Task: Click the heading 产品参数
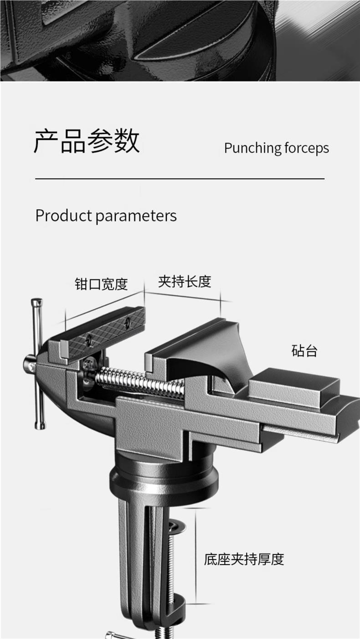pyautogui.click(x=87, y=141)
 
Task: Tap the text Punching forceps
pyautogui.click(x=276, y=148)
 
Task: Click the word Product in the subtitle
pyautogui.click(x=63, y=215)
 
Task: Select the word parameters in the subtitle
pyautogui.click(x=136, y=216)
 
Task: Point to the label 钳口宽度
pyautogui.click(x=101, y=284)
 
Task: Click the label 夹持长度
pyautogui.click(x=185, y=281)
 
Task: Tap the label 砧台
pyautogui.click(x=304, y=350)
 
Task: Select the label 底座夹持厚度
pyautogui.click(x=244, y=559)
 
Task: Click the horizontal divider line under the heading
pyautogui.click(x=180, y=179)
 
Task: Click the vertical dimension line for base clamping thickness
pyautogui.click(x=196, y=556)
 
